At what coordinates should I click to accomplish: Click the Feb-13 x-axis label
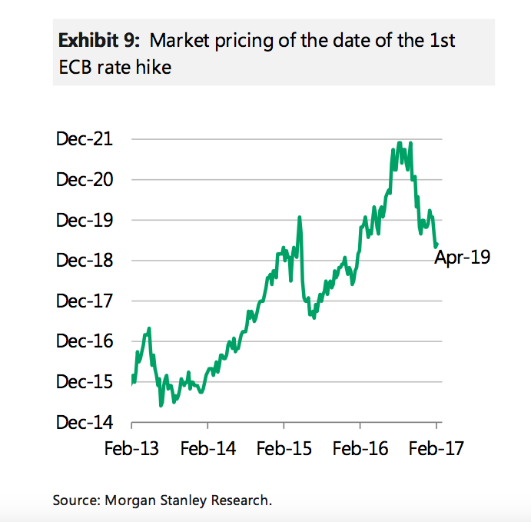pos(132,448)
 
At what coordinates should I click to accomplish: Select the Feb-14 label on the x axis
pos(208,448)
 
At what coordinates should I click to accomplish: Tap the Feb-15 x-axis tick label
pos(284,448)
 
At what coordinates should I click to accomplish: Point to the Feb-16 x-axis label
pos(360,448)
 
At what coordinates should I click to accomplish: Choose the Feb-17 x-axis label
pos(436,448)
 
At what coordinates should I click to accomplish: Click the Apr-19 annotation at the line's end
pos(463,258)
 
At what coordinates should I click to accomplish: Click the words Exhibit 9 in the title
pos(93,40)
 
